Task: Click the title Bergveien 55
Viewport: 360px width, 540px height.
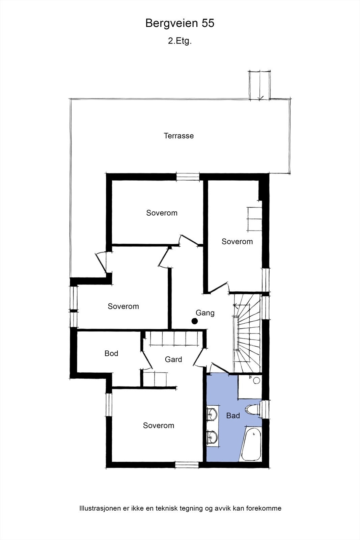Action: tap(180, 23)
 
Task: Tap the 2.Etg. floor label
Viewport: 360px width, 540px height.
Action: tap(180, 42)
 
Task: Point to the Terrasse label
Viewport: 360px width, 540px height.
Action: tap(179, 136)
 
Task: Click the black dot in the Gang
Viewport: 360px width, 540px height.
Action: tap(194, 321)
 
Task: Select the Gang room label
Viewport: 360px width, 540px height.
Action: tap(205, 313)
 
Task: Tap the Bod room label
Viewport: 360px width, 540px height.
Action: tap(111, 353)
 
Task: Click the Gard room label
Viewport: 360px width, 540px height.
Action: tap(173, 359)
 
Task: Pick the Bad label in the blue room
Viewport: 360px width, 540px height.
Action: tap(233, 415)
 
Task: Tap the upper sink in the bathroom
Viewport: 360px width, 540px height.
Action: tap(212, 414)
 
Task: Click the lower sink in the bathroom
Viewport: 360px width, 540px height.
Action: tap(212, 437)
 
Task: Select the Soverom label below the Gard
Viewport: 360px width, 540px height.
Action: tap(159, 426)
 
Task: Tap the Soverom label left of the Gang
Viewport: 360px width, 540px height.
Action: tap(123, 306)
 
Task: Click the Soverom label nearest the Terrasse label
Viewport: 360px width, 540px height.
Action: tap(162, 213)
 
